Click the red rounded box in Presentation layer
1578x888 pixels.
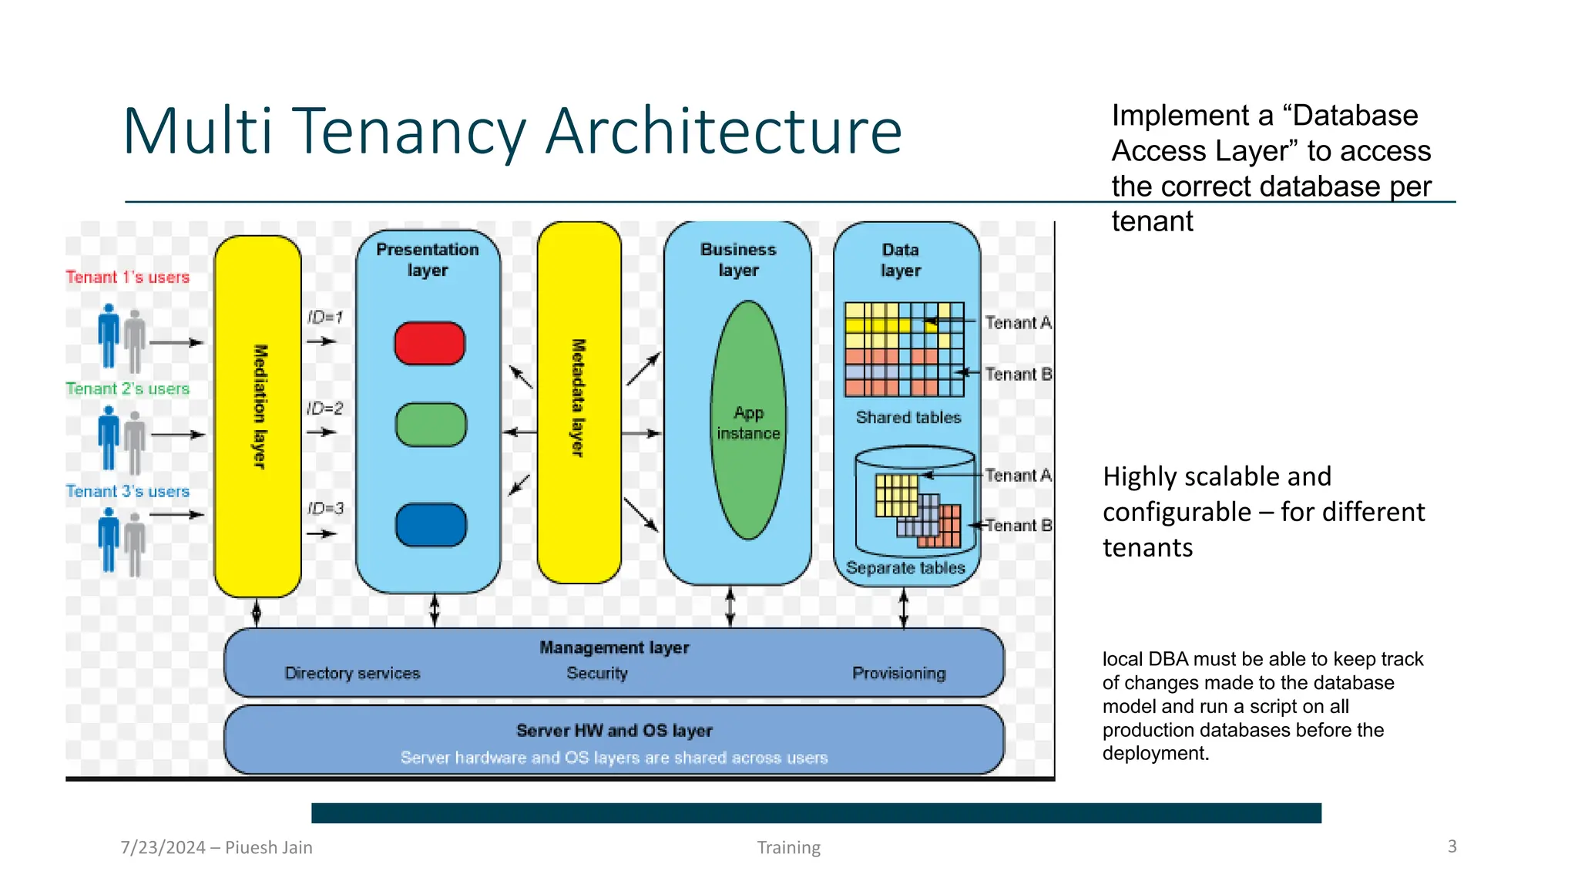pos(429,343)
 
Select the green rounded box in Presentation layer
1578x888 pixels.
pos(431,425)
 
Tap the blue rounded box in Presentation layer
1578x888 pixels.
pos(431,525)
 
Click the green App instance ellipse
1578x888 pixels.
pos(748,420)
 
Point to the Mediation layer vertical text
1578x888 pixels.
pos(260,406)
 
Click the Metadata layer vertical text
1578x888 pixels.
pos(578,398)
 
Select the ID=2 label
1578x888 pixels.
pos(324,409)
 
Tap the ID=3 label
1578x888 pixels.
pos(325,509)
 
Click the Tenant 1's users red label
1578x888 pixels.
pos(128,277)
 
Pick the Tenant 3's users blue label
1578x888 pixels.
pos(128,492)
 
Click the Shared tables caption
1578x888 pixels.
pos(908,418)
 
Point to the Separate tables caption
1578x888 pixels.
pos(905,568)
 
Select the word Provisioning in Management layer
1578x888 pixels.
pos(898,674)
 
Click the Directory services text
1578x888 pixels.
pos(352,674)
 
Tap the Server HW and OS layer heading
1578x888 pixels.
pos(614,731)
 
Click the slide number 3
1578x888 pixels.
pos(1452,846)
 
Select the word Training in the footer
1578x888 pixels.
pos(788,848)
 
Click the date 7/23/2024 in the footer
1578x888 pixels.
pos(163,848)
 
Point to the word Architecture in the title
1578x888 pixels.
pos(724,131)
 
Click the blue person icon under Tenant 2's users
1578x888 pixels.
pos(109,437)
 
